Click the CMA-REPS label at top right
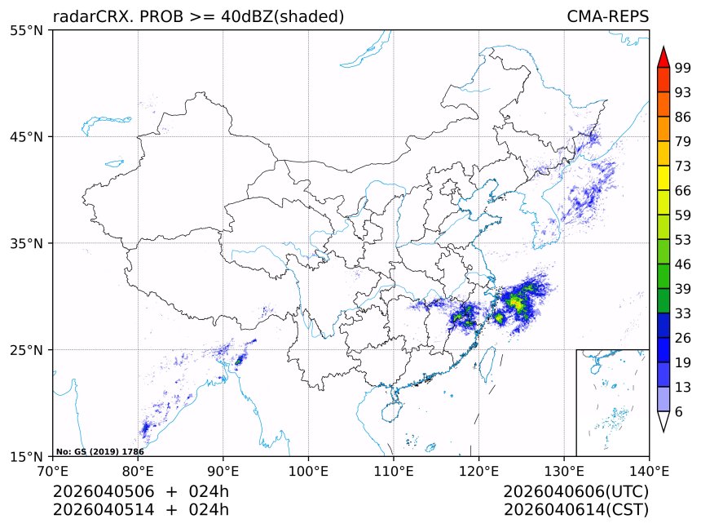pyautogui.click(x=607, y=16)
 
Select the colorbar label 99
pyautogui.click(x=683, y=69)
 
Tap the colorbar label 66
pyautogui.click(x=683, y=190)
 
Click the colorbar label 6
pyautogui.click(x=679, y=412)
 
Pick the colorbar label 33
pyautogui.click(x=683, y=313)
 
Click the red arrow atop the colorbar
pyautogui.click(x=664, y=57)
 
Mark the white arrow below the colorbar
pyautogui.click(x=664, y=421)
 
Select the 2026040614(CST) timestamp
pyautogui.click(x=575, y=510)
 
